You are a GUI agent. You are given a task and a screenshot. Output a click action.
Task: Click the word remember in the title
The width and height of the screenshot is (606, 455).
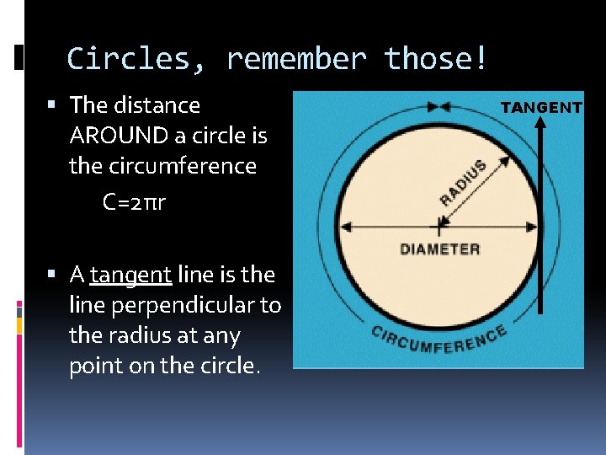(296, 59)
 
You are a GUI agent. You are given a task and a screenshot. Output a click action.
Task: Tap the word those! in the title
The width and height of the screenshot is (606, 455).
(435, 59)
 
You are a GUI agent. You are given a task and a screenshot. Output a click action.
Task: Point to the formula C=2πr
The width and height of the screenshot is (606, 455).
(135, 203)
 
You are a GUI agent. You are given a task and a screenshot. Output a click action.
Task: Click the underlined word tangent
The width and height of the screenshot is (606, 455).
(130, 275)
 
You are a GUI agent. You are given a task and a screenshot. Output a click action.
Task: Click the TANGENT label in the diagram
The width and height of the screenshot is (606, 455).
(541, 107)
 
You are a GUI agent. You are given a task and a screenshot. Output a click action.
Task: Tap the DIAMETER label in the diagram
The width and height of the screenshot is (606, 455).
(439, 249)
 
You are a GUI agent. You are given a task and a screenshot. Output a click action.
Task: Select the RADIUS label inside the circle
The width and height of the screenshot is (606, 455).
(463, 183)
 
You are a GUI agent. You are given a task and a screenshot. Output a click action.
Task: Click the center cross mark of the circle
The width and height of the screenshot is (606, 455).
(439, 225)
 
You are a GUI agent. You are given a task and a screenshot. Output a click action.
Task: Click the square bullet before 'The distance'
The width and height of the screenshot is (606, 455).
(52, 105)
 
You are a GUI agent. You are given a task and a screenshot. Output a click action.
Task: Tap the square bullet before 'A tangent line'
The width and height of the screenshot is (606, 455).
(52, 275)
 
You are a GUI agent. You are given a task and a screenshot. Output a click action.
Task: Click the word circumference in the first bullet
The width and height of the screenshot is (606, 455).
(162, 166)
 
